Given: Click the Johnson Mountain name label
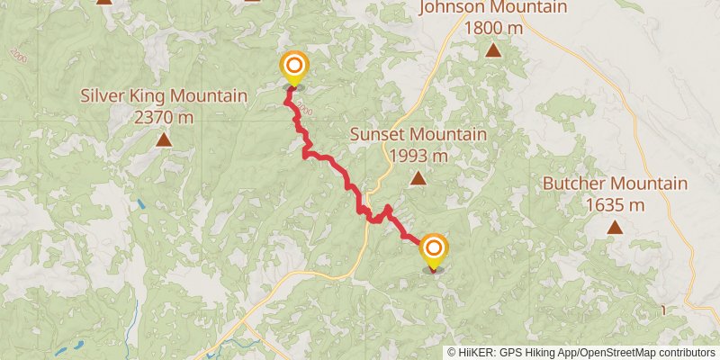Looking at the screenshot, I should pos(492,8).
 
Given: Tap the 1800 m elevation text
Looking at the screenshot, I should pos(492,27).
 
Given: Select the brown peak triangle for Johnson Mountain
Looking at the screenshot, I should pos(492,49).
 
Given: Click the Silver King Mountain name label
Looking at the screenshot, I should pos(164,96).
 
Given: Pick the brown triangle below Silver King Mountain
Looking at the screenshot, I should pos(164,139).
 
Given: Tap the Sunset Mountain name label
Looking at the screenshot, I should pos(418,135).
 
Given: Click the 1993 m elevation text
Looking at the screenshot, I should pos(418,155).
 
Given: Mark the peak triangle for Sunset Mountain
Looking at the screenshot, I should pos(418,178).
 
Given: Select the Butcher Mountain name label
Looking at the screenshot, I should pos(615,184).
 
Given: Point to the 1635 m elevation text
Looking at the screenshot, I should pos(615,204).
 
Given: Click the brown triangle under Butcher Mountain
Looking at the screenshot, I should pos(615,227).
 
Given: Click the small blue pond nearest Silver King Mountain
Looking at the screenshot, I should pos(141,204).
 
